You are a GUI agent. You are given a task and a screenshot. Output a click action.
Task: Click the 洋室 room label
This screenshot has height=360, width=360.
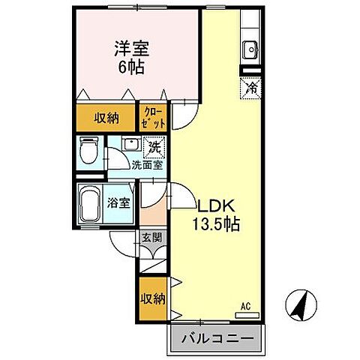(x=130, y=49)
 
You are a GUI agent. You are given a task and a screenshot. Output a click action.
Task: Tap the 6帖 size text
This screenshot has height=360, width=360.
(x=130, y=66)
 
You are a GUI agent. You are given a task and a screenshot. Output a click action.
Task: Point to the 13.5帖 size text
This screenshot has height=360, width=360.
(x=215, y=223)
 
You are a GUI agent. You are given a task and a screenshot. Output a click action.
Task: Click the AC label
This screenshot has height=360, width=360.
(x=244, y=305)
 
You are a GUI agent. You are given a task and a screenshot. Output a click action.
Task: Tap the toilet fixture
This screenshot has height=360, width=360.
(x=89, y=152)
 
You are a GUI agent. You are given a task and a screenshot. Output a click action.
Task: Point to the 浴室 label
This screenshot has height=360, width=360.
(x=118, y=202)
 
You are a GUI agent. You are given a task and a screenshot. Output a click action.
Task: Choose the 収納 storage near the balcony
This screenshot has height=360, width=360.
(x=152, y=298)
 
